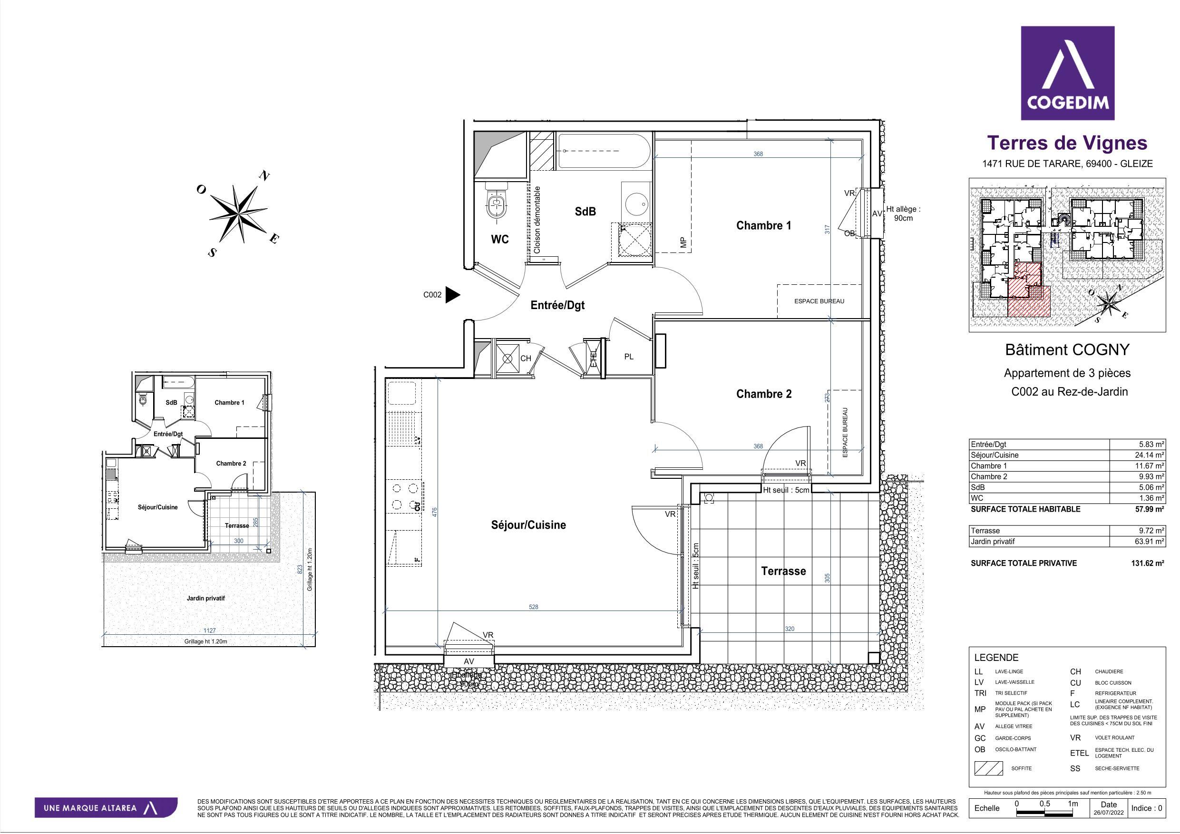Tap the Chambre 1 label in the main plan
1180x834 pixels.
pyautogui.click(x=763, y=225)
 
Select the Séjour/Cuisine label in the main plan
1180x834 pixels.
pyautogui.click(x=528, y=524)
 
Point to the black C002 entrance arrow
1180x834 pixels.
pyautogui.click(x=452, y=294)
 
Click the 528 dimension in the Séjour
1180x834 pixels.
pyautogui.click(x=534, y=607)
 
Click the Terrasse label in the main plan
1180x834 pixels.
pyautogui.click(x=783, y=571)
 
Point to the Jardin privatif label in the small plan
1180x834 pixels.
pyautogui.click(x=205, y=598)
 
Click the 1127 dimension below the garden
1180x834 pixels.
pyautogui.click(x=209, y=630)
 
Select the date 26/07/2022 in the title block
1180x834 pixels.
pyautogui.click(x=1109, y=813)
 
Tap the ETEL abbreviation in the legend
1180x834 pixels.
pyautogui.click(x=1079, y=753)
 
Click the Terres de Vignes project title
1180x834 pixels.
pyautogui.click(x=1067, y=142)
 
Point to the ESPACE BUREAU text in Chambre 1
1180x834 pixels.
pyautogui.click(x=819, y=301)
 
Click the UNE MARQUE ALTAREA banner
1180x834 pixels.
pyautogui.click(x=106, y=808)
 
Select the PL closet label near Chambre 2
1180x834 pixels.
pyautogui.click(x=629, y=357)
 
